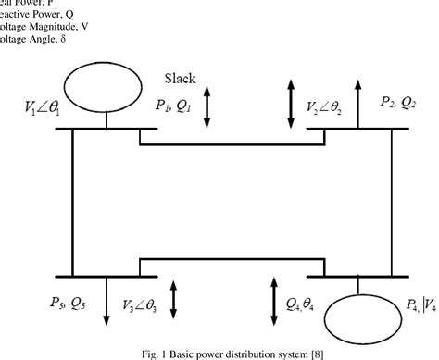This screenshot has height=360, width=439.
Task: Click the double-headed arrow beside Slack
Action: click(207, 108)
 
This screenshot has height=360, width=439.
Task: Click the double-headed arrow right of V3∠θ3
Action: click(173, 299)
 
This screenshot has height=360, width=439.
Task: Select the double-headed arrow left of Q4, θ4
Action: click(272, 299)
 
